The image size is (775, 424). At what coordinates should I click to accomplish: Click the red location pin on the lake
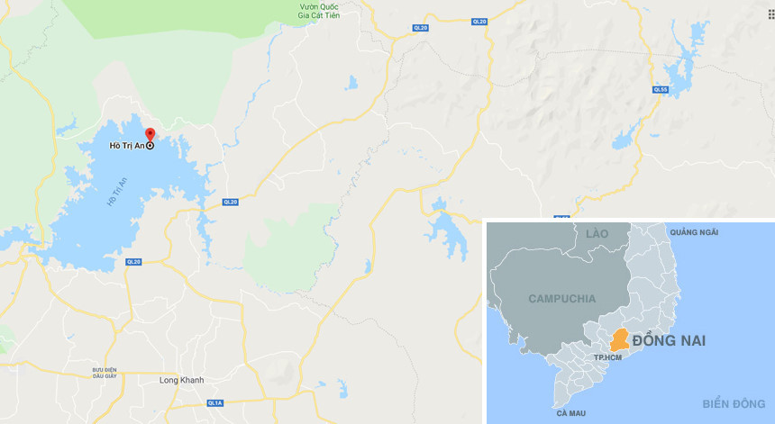tap(150, 135)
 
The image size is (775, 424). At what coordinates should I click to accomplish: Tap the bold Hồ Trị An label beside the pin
tap(127, 146)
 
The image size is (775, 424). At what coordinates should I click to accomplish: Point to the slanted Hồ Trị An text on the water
tap(117, 192)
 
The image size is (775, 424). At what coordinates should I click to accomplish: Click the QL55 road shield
tap(661, 90)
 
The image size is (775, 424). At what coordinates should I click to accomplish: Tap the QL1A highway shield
tap(214, 404)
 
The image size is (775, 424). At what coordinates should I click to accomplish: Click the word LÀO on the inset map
tap(597, 234)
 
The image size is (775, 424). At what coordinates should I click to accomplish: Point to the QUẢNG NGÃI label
tap(694, 232)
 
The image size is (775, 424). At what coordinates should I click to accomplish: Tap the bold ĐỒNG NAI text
tap(669, 341)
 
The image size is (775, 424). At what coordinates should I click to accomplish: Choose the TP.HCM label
tap(608, 358)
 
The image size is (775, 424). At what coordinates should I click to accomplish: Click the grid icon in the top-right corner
tap(770, 14)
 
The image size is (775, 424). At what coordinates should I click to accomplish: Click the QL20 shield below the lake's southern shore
tap(133, 261)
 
